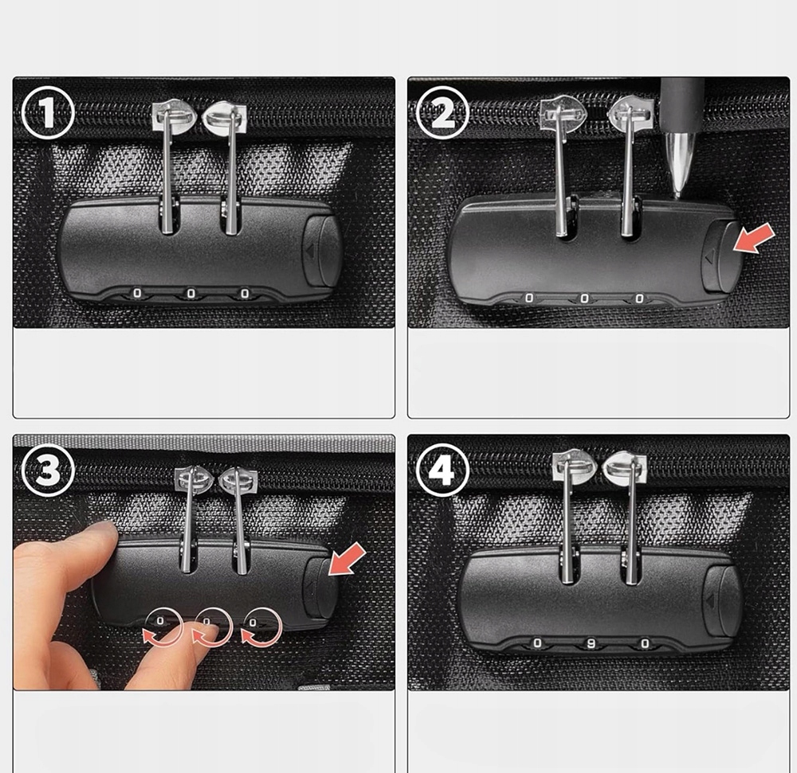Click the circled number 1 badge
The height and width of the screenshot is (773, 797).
[49, 113]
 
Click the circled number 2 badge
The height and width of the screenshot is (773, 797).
[442, 113]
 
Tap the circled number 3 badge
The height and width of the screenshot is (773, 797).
[49, 470]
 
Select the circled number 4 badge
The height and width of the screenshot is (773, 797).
[442, 470]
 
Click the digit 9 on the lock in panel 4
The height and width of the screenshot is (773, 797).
[591, 643]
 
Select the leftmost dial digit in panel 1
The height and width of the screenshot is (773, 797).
[137, 293]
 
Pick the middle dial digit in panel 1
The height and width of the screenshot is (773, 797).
[191, 293]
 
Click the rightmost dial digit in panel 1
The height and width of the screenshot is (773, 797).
[245, 294]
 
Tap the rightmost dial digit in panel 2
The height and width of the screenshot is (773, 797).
[639, 299]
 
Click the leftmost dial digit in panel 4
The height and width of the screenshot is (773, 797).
[537, 643]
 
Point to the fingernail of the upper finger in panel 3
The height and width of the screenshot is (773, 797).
[103, 528]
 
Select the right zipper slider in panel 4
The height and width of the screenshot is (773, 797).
[625, 467]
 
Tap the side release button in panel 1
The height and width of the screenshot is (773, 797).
[322, 250]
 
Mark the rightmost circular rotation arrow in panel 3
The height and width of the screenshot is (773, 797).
[261, 627]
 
